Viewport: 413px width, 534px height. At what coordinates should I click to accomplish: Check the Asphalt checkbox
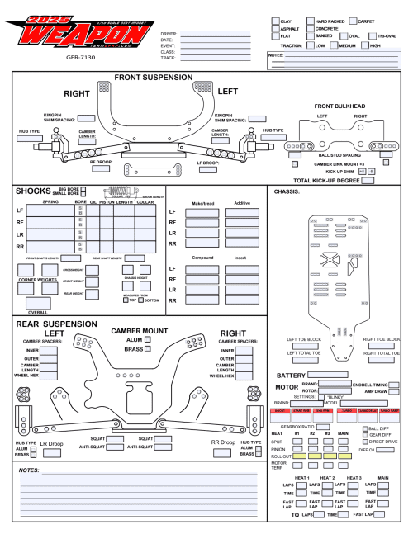click(x=276, y=28)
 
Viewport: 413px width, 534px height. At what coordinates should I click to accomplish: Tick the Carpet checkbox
click(x=353, y=20)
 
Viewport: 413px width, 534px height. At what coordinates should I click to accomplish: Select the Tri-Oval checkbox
click(x=372, y=36)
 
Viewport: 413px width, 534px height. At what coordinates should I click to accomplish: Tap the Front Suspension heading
click(x=154, y=78)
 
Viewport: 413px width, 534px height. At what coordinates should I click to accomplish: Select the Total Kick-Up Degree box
click(x=369, y=180)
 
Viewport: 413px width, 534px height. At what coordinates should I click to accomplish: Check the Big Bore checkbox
click(x=83, y=189)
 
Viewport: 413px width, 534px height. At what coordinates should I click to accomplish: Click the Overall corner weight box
click(x=37, y=304)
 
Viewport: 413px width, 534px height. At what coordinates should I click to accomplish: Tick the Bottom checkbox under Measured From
click(x=140, y=300)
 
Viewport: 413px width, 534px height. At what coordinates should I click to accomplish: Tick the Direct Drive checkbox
click(x=366, y=442)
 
